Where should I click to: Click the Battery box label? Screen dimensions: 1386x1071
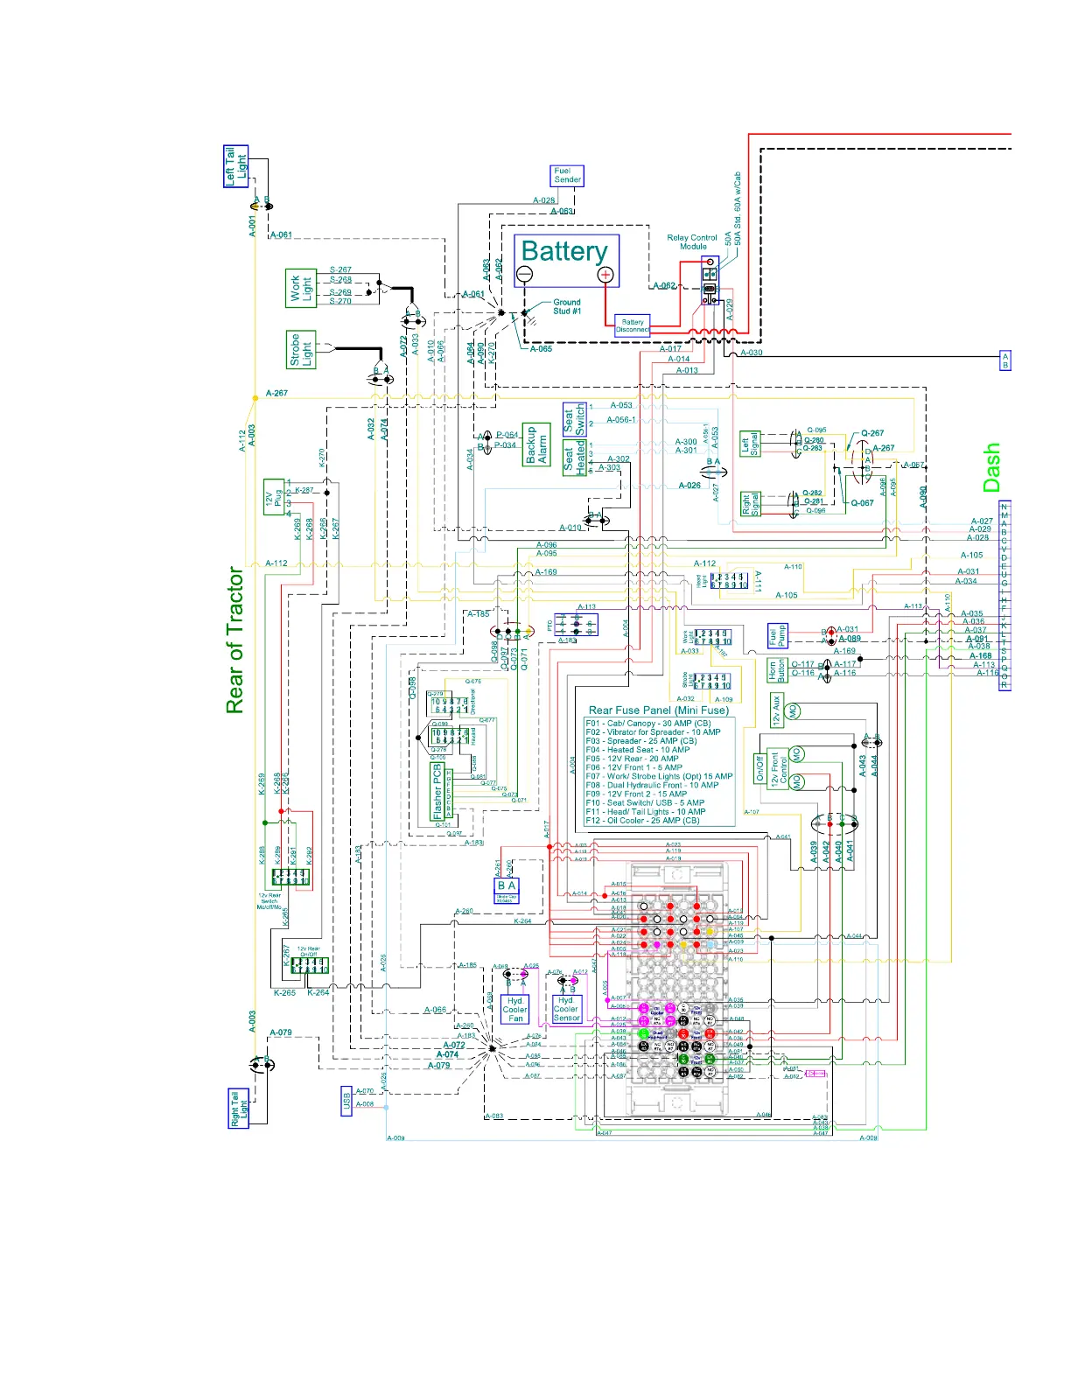(x=564, y=252)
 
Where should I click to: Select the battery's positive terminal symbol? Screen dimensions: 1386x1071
(x=605, y=275)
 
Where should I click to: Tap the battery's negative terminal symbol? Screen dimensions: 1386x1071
(x=524, y=275)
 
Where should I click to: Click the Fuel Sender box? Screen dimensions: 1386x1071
(x=567, y=176)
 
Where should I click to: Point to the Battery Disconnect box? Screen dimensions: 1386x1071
(x=633, y=325)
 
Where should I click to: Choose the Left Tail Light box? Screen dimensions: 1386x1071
(x=236, y=166)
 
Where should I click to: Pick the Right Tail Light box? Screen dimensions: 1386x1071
(x=238, y=1109)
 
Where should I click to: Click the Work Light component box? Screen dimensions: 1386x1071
(x=301, y=289)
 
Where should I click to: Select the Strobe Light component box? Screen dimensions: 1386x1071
(x=300, y=350)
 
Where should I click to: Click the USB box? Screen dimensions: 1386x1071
(x=346, y=1101)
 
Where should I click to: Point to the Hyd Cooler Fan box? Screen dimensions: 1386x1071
(x=515, y=1009)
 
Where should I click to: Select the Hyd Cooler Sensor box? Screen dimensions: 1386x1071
(x=566, y=1009)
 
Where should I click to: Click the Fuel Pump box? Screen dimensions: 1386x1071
(x=777, y=636)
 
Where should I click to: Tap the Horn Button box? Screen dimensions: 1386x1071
(x=776, y=670)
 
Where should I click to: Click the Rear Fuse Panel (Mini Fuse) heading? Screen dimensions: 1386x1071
(x=658, y=710)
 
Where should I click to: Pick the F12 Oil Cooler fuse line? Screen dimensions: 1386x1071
(x=642, y=821)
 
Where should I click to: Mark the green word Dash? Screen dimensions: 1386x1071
(x=991, y=467)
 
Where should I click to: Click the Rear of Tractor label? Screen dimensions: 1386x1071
(x=234, y=640)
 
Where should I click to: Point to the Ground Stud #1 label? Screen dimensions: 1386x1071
(x=566, y=306)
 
